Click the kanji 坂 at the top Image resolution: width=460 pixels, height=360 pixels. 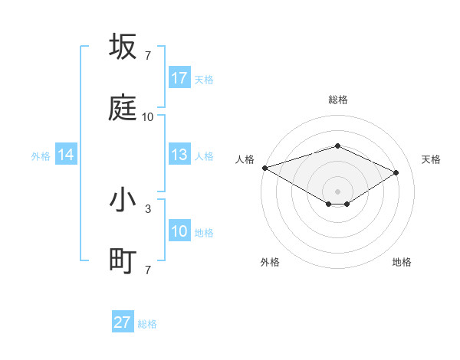tap(123, 47)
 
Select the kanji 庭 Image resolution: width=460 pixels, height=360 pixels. tap(123, 109)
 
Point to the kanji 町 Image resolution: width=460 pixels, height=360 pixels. tap(123, 262)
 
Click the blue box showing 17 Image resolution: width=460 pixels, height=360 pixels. tap(179, 78)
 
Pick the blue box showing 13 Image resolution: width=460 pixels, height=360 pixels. tap(179, 155)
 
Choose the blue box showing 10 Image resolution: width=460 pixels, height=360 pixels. tap(179, 232)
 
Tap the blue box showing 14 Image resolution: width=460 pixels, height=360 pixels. tap(66, 155)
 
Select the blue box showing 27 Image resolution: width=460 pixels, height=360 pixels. tap(123, 322)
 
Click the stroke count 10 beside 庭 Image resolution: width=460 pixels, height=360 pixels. tap(148, 117)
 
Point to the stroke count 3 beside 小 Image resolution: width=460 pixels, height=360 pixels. tap(148, 208)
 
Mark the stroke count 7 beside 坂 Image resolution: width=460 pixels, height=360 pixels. tap(148, 55)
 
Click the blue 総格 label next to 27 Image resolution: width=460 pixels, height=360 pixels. tap(147, 324)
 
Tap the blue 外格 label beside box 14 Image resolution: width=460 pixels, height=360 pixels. tap(41, 156)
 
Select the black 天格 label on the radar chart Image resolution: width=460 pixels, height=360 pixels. tap(432, 159)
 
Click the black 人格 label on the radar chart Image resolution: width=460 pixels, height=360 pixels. tap(245, 159)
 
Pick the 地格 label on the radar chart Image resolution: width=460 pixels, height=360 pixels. tap(402, 262)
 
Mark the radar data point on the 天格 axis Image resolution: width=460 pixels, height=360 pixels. tap(396, 172)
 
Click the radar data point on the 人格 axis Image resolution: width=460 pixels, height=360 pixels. tap(264, 168)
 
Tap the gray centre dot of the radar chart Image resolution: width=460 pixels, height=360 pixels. tap(337, 190)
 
